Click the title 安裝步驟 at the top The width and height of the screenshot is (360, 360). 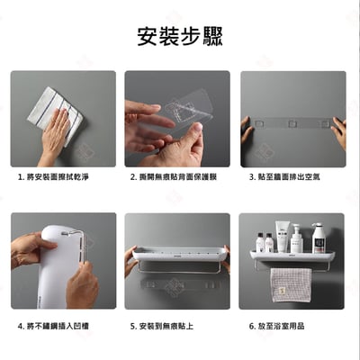coord(180,36)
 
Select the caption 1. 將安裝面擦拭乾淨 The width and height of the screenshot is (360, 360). coord(53,177)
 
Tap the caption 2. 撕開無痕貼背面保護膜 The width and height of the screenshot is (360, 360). coord(176,177)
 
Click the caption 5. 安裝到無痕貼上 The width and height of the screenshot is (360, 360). coord(162,326)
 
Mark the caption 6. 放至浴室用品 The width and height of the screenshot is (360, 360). coord(277,326)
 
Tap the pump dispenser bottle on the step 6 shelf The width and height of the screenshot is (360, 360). coord(319,238)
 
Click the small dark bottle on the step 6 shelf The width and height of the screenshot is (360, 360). coord(260,242)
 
